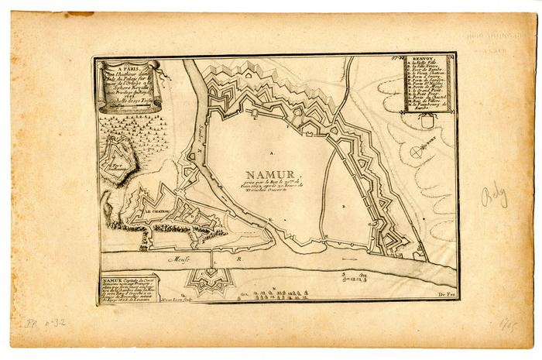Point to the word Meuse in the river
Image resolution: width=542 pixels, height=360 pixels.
tap(182, 261)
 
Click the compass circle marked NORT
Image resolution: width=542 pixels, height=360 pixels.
tap(418, 151)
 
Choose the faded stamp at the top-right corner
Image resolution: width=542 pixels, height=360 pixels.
tap(496, 40)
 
